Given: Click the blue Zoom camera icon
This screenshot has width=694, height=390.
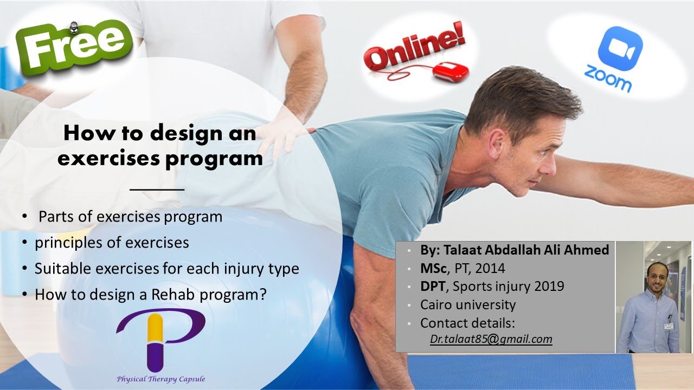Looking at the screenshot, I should [620, 48].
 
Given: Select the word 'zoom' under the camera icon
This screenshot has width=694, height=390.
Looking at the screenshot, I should [608, 79].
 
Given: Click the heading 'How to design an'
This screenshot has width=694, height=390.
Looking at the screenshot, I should [159, 133].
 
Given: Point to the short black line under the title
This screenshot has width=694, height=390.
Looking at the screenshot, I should [157, 190].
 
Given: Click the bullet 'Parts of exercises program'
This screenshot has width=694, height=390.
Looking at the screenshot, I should [130, 217].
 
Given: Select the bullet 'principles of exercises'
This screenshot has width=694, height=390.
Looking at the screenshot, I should [112, 242].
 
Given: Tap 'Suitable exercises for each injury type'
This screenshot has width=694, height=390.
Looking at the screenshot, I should [166, 268].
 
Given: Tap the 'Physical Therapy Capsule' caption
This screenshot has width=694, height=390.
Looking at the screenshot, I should [160, 379].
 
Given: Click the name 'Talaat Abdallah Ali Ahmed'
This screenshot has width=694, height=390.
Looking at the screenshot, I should [526, 250].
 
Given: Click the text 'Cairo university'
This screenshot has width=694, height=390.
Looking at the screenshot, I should [468, 304].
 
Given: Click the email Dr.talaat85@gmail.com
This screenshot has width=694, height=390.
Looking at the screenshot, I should [491, 340].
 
